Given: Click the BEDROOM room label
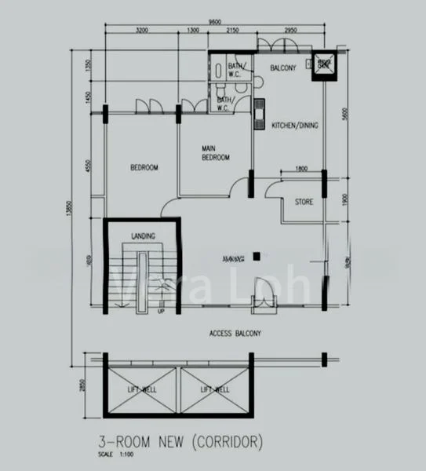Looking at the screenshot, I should (x=144, y=168).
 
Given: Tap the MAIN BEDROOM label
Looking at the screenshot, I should (x=214, y=153).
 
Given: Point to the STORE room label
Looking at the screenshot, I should (x=304, y=203).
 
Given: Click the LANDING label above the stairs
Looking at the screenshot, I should (x=143, y=235).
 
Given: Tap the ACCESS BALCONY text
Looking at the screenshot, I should (x=235, y=334).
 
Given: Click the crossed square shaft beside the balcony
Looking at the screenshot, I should (x=322, y=68).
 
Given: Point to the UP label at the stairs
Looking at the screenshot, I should (x=161, y=311).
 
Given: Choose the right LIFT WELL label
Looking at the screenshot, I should (x=214, y=389).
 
